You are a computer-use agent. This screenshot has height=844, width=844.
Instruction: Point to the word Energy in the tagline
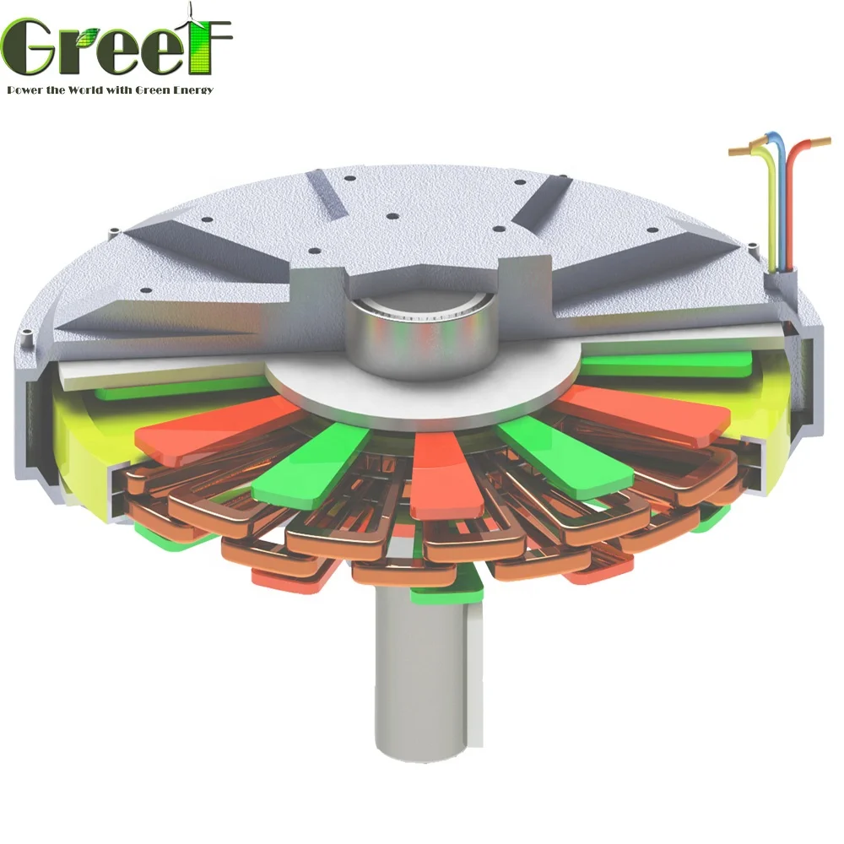click(192, 89)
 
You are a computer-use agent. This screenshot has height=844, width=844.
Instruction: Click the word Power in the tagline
click(26, 89)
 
